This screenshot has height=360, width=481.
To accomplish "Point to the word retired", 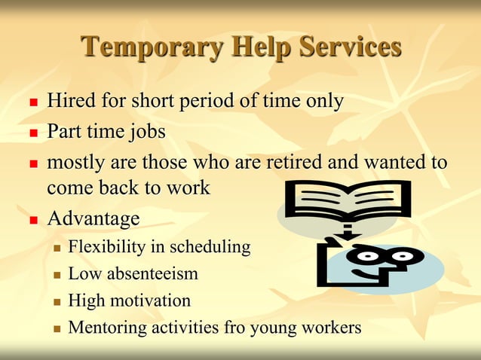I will tap(289, 163).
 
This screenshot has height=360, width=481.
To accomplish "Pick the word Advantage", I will tap(93, 219).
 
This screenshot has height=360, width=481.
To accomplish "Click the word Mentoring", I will tap(104, 328).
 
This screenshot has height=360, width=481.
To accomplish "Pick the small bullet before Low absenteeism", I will tap(57, 275).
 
